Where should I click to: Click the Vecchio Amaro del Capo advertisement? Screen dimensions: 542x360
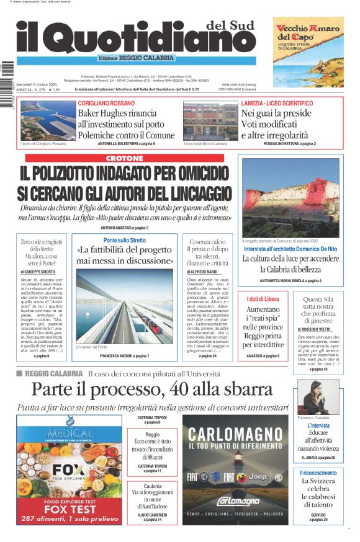point(308,51)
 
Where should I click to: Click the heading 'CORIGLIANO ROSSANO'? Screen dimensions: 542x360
point(106,103)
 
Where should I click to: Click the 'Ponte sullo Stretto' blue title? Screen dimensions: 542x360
point(125,240)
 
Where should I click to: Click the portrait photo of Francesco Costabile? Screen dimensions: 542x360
point(322,397)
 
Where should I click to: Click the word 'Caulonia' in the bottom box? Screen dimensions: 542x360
point(153,487)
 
